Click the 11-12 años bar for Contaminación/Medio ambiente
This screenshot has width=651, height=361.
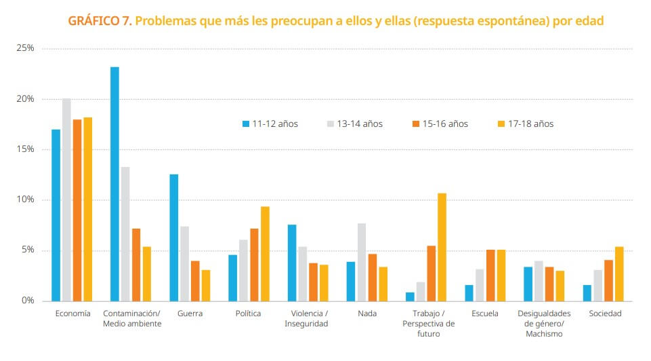pos(114,184)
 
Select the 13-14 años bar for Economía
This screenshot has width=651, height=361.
pos(66,199)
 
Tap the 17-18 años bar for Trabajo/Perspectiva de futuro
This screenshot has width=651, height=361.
pos(442,247)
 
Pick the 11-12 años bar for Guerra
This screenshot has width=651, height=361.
pos(174,237)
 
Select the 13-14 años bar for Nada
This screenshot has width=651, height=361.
pos(362,262)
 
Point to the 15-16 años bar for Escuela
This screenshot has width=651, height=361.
pos(490,275)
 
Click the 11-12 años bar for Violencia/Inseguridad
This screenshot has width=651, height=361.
pos(292,263)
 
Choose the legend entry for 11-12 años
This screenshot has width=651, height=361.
pos(270,124)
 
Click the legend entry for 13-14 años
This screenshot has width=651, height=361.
pos(355,124)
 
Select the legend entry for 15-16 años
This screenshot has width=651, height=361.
pos(440,124)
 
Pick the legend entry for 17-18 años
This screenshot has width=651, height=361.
pos(526,124)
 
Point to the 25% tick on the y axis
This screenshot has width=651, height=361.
pos(25,49)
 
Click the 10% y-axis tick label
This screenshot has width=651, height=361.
pos(25,200)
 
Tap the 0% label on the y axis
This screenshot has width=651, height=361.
pos(27,301)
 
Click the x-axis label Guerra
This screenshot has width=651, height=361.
pos(190,313)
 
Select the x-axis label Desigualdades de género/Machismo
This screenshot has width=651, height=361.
pos(544,324)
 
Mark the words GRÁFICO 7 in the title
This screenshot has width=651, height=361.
pos(100,21)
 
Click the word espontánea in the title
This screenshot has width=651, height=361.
pos(502,21)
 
